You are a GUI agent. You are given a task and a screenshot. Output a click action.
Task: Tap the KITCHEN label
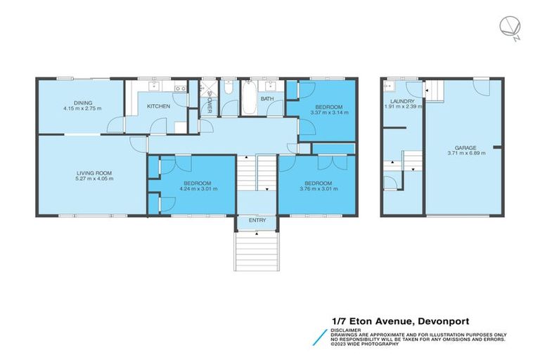[157, 106]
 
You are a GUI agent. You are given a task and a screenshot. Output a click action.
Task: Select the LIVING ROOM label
[95, 173]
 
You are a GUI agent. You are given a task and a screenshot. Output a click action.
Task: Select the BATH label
[267, 99]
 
